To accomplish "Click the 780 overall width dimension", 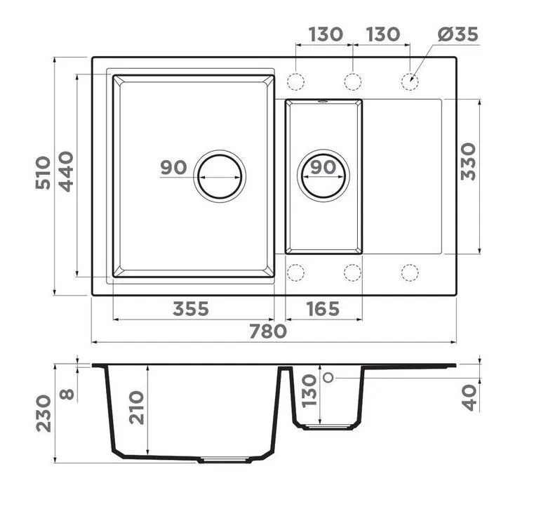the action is tap(268, 331).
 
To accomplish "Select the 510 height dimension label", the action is tap(43, 173).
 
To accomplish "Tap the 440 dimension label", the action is tap(65, 171).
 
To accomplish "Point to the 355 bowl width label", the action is tap(191, 309).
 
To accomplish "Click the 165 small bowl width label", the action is tap(323, 309).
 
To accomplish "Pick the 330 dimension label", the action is tap(468, 162).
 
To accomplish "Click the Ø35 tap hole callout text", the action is tap(457, 34).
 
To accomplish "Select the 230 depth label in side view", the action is tap(44, 414).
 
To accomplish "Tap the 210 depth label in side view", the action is tap(136, 407).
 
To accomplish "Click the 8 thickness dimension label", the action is tap(67, 394).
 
